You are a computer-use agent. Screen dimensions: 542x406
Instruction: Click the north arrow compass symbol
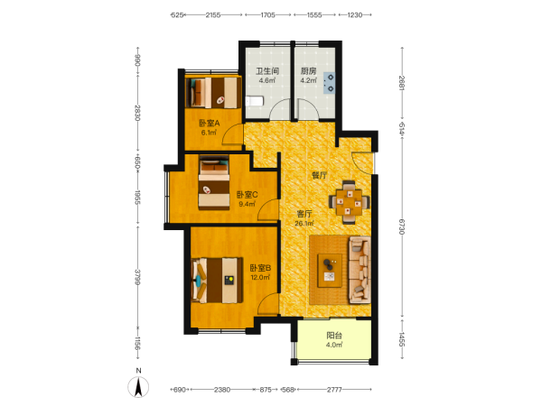138,387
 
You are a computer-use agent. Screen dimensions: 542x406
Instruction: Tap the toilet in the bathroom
255,101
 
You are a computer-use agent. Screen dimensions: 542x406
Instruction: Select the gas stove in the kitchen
329,83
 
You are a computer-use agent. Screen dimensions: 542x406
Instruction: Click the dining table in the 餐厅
349,202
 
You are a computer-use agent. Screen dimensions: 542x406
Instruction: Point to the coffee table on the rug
330,271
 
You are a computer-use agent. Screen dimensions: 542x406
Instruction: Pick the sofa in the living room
360,270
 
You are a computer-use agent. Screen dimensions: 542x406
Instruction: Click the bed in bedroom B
217,281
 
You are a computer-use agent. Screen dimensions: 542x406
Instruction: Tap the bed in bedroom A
213,93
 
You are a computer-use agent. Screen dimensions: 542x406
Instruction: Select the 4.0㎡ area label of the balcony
334,345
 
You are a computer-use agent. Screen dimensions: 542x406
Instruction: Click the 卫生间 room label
267,71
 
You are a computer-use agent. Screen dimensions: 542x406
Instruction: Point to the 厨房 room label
308,71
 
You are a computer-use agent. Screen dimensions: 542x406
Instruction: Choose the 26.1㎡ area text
304,224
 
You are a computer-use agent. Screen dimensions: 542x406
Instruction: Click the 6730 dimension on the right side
402,226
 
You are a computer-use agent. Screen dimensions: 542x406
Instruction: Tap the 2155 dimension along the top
213,14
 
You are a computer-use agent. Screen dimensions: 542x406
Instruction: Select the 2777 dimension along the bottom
334,390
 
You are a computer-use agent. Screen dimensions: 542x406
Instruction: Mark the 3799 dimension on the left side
137,277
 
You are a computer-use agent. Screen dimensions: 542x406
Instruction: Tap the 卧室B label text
260,268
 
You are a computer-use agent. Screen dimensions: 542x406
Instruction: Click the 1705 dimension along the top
268,14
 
